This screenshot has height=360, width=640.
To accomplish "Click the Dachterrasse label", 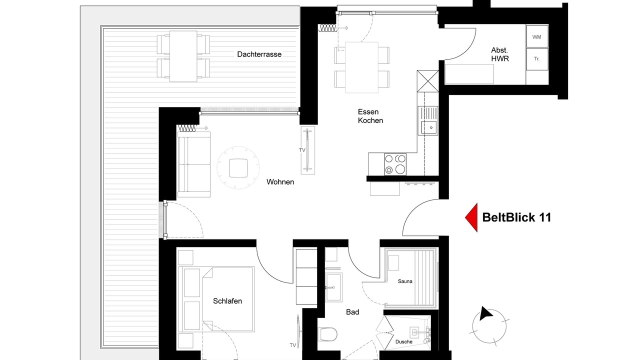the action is click(259, 54).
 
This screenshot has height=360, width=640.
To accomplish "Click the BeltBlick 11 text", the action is click(516, 217).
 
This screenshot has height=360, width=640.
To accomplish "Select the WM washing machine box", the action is click(537, 36).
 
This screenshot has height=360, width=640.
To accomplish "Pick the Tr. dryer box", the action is click(537, 59).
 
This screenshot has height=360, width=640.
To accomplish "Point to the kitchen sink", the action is click(427, 120).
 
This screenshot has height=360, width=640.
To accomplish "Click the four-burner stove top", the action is click(395, 164).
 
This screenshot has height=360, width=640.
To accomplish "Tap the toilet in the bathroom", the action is click(327, 334).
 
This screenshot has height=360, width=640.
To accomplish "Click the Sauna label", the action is click(405, 281).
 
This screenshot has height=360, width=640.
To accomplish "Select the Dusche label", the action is click(403, 341).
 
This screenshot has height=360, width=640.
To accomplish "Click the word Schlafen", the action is click(227, 301).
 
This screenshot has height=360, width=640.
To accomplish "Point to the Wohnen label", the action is click(280, 182).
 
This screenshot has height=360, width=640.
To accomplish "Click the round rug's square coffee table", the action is click(238, 168).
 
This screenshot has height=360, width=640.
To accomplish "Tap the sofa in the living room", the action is click(194, 164).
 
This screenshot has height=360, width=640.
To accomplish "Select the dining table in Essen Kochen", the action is click(361, 67).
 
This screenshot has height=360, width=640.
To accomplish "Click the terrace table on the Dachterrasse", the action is click(183, 56).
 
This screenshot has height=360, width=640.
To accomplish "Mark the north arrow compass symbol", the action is click(489, 325).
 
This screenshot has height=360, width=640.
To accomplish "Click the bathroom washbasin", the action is click(333, 287).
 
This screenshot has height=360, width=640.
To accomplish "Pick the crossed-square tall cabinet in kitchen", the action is click(427, 81).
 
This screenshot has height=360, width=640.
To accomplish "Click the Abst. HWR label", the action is click(499, 54).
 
